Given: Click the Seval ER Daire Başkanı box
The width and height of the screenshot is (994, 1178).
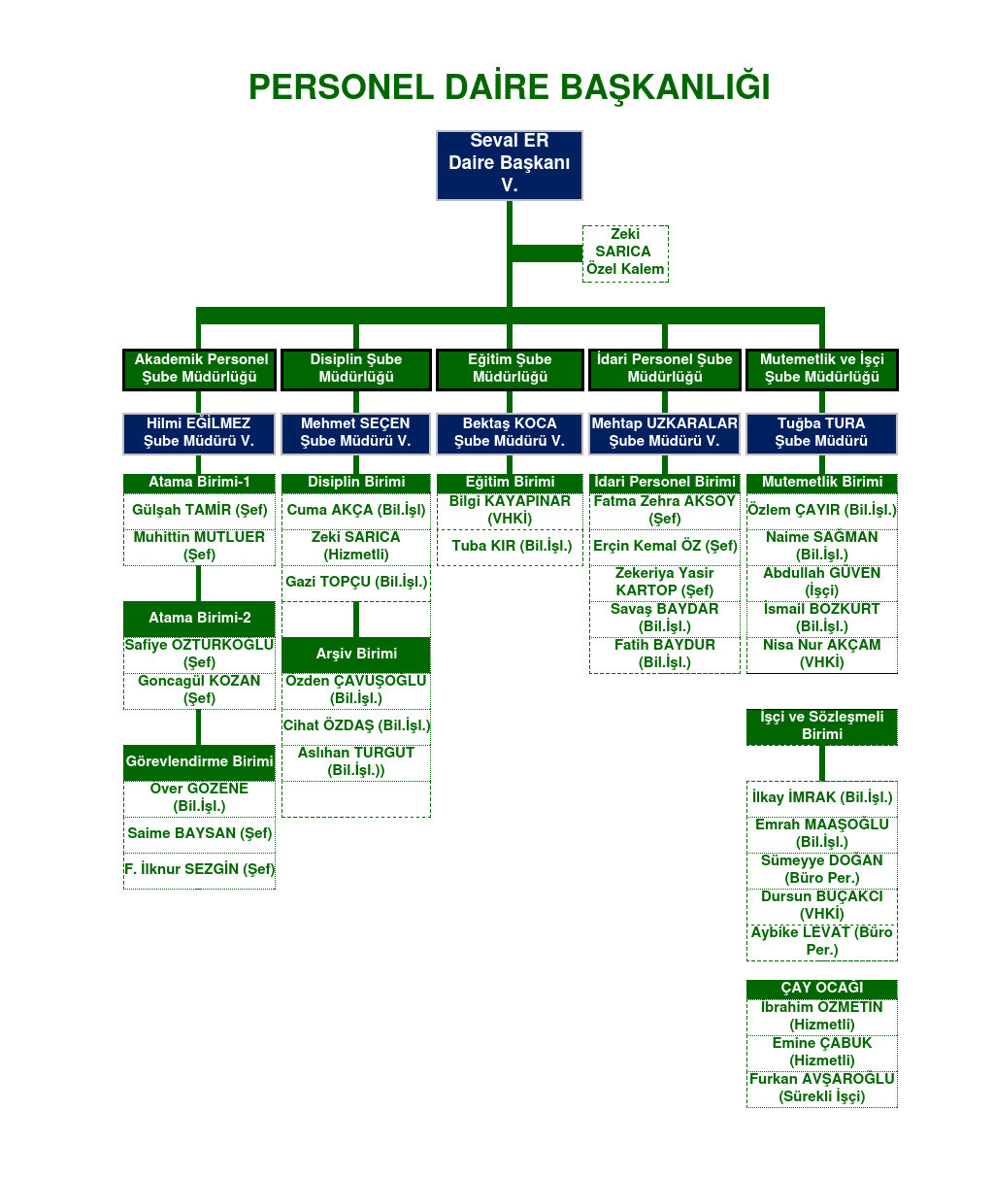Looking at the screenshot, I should [x=510, y=165].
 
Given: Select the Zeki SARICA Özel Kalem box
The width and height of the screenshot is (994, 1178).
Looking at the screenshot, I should [x=625, y=252].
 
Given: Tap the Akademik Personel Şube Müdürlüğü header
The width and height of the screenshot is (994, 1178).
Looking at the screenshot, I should [x=200, y=369].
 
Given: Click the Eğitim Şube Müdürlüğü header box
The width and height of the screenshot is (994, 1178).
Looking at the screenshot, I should [x=510, y=369].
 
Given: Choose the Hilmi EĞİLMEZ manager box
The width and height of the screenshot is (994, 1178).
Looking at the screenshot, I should [x=199, y=433].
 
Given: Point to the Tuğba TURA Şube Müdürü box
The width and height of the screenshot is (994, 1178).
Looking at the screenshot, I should [x=821, y=433].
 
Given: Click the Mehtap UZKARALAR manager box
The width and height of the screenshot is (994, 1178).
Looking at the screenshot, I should [x=665, y=433].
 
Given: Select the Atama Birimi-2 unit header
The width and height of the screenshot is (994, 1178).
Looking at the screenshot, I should [x=199, y=619].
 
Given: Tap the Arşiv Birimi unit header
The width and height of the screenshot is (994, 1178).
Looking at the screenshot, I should [x=356, y=654].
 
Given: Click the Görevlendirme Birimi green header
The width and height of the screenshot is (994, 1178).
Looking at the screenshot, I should [x=199, y=762].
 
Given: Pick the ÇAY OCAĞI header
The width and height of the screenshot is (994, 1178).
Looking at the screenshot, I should [x=822, y=989].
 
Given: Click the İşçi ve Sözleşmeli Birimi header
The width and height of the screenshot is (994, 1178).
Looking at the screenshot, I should [x=822, y=726].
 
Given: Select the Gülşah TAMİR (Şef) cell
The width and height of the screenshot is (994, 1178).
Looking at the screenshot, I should [x=199, y=511].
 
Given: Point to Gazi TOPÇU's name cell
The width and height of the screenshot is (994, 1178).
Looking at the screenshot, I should [x=356, y=583].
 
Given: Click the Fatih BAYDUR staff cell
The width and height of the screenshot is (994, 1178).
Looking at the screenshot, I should [x=665, y=655].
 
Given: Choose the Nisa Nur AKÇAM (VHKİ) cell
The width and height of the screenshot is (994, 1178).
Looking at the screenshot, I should [x=822, y=655].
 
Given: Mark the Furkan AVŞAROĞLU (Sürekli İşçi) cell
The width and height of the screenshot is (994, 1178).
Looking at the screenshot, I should [x=822, y=1089].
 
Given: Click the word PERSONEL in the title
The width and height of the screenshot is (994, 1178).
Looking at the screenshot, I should [x=341, y=87].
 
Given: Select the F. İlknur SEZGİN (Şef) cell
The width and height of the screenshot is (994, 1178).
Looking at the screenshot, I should [x=199, y=870].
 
